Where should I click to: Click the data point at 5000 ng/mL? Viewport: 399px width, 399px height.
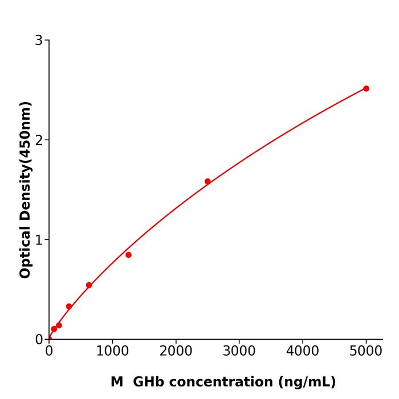366,88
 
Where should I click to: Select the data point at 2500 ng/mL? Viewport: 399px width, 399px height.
207,181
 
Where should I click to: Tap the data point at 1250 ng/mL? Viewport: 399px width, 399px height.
128,255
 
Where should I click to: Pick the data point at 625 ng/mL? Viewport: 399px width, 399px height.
89,285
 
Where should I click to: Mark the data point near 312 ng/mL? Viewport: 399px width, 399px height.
69,307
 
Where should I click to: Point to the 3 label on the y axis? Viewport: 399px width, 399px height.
39,40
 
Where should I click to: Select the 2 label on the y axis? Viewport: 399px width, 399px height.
39,140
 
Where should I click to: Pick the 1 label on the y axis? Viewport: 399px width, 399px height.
39,240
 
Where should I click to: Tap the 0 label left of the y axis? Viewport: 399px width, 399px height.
39,340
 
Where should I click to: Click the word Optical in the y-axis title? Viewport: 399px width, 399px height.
25,250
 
